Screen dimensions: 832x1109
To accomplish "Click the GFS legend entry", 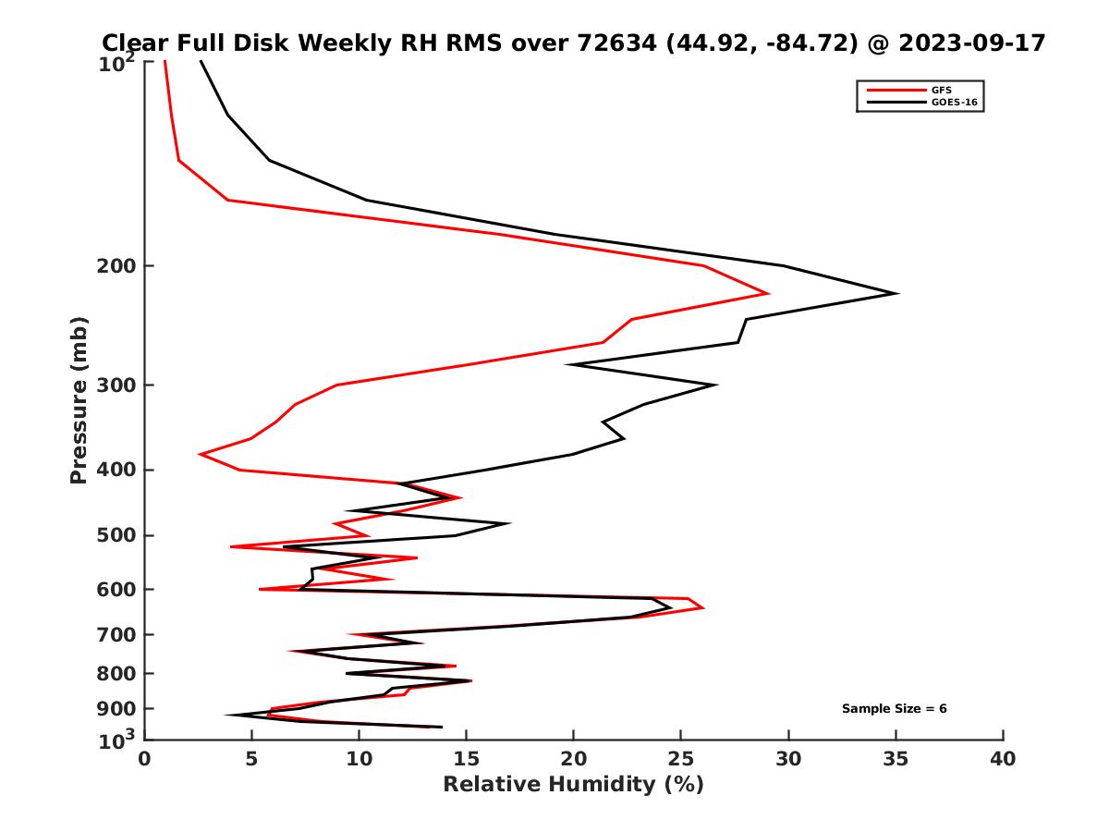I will pyautogui.click(x=942, y=90).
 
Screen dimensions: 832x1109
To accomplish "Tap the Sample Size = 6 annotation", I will pyautogui.click(x=894, y=709).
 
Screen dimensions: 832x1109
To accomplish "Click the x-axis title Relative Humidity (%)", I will pyautogui.click(x=573, y=785).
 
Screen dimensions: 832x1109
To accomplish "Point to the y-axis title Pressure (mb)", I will pyautogui.click(x=79, y=400).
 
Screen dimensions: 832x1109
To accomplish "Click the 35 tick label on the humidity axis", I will pyautogui.click(x=896, y=760).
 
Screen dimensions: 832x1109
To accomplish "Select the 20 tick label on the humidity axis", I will pyautogui.click(x=573, y=760).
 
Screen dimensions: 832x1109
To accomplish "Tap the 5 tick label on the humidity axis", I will pyautogui.click(x=252, y=760).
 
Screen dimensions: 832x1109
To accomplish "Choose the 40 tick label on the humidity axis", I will pyautogui.click(x=1003, y=760).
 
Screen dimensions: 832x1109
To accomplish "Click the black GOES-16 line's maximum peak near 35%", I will pyautogui.click(x=897, y=294).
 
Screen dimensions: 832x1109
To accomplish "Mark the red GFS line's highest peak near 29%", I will pyautogui.click(x=768, y=294).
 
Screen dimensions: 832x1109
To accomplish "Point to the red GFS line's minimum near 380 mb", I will pyautogui.click(x=201, y=454).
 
